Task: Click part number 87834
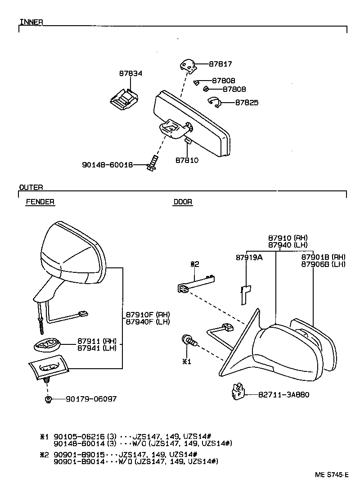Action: pos(130,73)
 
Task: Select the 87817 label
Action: pos(220,64)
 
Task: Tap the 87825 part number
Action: pos(247,103)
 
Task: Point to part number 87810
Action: pos(187,160)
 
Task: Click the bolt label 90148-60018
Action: pos(108,165)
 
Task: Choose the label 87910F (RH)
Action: pos(148,314)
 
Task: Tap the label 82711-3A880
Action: pos(284,394)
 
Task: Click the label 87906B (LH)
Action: pos(323,264)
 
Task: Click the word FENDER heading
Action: pos(40,202)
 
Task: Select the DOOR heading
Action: pos(183,202)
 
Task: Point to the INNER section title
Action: pos(31,22)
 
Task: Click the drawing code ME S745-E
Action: pos(332,474)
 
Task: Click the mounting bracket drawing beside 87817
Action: pos(188,67)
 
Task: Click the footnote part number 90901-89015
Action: pos(79,454)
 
